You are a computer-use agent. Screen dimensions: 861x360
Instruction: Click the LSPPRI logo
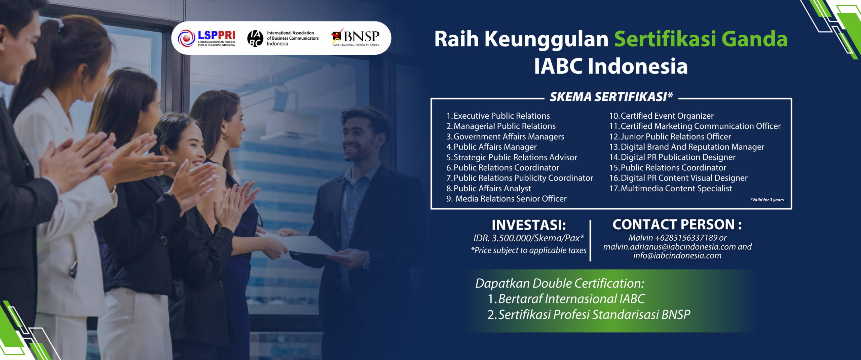tap(207, 38)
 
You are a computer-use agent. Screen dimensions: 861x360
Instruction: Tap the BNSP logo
tap(355, 37)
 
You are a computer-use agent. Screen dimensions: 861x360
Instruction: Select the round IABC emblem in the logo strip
tap(255, 38)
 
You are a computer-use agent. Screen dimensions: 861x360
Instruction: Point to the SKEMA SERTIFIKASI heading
tap(611, 97)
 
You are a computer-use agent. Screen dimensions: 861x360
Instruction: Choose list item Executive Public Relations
tap(498, 116)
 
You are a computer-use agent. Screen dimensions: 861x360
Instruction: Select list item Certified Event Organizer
tap(661, 116)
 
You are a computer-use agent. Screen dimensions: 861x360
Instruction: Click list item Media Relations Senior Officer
tap(507, 199)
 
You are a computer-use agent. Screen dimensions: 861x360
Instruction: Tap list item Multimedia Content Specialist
tap(671, 189)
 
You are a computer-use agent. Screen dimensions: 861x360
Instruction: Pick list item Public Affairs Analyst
tap(489, 189)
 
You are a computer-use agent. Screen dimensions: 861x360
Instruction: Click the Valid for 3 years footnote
tap(767, 200)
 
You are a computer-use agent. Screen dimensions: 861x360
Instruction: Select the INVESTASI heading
tap(529, 225)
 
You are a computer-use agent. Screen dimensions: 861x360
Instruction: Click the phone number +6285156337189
tap(686, 238)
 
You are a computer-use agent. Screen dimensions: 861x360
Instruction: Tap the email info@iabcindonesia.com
tap(677, 256)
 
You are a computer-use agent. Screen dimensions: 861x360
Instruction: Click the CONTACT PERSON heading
tap(677, 225)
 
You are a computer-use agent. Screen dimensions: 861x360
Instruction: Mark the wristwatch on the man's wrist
tap(366, 261)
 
